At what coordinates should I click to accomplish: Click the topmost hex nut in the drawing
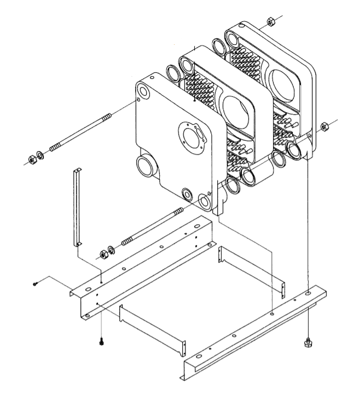pyautogui.click(x=270, y=22)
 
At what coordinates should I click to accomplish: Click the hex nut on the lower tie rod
pyautogui.click(x=102, y=254)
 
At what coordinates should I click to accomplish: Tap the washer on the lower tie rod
pyautogui.click(x=112, y=250)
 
